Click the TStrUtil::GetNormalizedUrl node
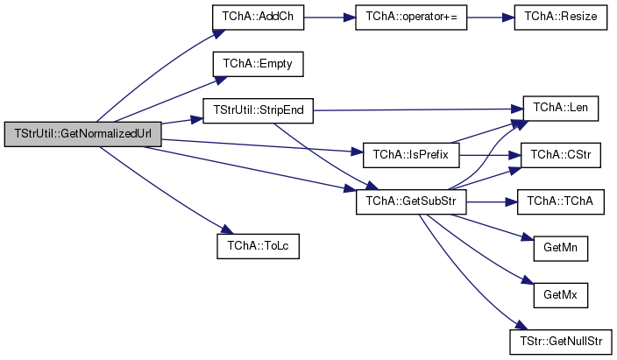(x=82, y=134)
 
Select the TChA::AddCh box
(x=259, y=17)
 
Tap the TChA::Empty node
(x=259, y=64)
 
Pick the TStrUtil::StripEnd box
(x=259, y=110)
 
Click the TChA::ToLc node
(x=259, y=246)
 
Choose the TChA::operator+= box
(x=411, y=17)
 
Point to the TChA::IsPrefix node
(x=411, y=155)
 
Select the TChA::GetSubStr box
(x=411, y=201)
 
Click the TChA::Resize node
(x=561, y=17)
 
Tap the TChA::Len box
(x=561, y=109)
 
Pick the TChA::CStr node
(x=561, y=155)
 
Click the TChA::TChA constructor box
(x=561, y=201)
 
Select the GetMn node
(x=561, y=248)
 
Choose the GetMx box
(x=561, y=295)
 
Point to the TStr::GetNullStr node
(x=561, y=342)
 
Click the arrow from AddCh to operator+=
(x=330, y=18)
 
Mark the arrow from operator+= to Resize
(x=491, y=18)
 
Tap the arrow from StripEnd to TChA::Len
(x=418, y=109)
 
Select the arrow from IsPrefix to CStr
(x=490, y=155)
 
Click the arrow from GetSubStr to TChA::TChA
(x=492, y=202)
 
